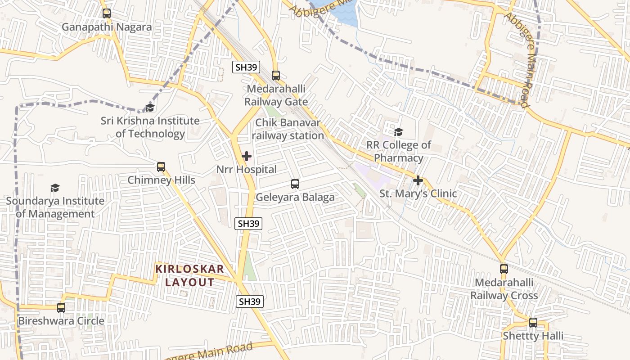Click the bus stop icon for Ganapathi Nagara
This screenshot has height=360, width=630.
tap(107, 13)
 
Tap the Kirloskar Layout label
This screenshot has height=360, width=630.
tap(189, 276)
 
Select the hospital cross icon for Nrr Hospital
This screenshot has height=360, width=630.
tap(247, 156)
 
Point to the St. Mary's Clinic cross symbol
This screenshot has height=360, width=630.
tap(418, 180)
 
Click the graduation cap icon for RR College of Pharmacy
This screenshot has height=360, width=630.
tap(398, 132)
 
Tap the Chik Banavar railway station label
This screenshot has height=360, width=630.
tap(288, 129)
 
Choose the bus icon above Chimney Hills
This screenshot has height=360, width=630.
tap(161, 167)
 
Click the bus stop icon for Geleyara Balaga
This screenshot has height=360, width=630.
tap(295, 184)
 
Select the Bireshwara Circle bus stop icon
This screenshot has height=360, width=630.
tap(61, 308)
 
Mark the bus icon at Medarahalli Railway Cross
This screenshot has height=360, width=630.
tap(504, 269)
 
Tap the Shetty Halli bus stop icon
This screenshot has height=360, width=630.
tap(533, 322)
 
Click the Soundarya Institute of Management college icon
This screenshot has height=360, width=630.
tap(55, 188)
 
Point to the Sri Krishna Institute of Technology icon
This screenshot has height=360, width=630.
tap(150, 108)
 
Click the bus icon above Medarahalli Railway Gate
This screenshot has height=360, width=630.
tap(276, 76)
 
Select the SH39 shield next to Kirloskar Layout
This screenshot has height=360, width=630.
tap(250, 301)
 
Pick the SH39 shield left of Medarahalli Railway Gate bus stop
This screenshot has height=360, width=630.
tap(246, 67)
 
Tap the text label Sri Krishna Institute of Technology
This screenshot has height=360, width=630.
tap(150, 127)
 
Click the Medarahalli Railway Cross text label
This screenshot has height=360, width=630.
tap(504, 289)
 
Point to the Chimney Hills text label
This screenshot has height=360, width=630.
tap(161, 180)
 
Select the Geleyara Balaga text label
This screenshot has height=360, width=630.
tap(295, 197)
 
